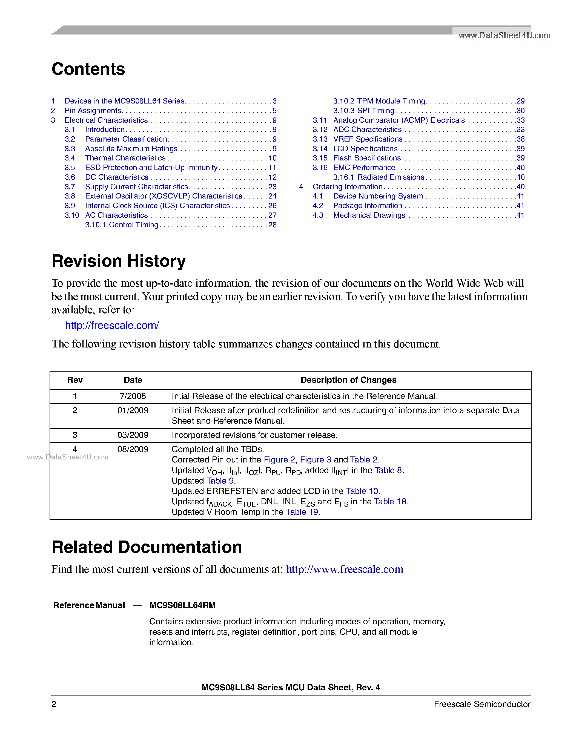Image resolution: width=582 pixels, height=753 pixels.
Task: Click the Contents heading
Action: click(x=88, y=69)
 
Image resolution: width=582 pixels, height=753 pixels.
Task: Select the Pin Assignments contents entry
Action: click(x=93, y=111)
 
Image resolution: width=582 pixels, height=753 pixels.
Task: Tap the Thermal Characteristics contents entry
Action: click(x=125, y=158)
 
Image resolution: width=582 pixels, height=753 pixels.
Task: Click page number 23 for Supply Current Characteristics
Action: click(x=273, y=186)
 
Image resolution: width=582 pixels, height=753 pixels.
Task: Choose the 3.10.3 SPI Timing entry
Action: click(x=363, y=111)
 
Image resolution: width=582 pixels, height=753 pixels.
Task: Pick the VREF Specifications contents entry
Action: click(x=368, y=139)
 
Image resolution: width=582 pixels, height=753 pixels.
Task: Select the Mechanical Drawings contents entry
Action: click(x=369, y=215)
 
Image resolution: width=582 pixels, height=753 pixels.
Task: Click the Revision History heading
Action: click(x=119, y=261)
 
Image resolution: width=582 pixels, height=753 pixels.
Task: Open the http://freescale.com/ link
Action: click(x=112, y=326)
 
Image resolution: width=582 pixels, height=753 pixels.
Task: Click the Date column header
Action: click(x=133, y=380)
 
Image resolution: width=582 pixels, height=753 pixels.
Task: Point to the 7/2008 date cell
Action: click(x=133, y=396)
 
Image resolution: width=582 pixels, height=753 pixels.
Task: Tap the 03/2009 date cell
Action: click(x=133, y=435)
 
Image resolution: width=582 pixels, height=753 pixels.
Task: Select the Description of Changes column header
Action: click(x=348, y=380)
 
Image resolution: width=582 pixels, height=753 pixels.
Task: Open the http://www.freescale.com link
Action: click(x=345, y=569)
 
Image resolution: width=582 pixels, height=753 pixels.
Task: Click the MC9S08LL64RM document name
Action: click(x=182, y=605)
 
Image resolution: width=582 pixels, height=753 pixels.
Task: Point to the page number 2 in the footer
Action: click(x=54, y=704)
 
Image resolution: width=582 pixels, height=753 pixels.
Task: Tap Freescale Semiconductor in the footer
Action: click(x=482, y=704)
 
